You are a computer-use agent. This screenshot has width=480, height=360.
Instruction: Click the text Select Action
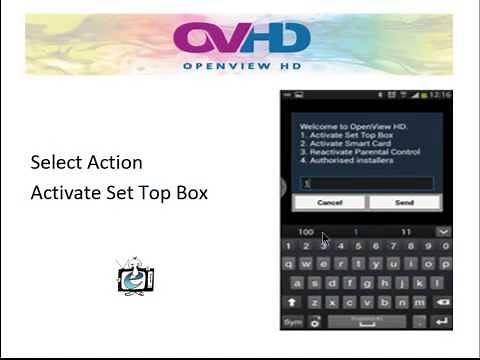pos(86,162)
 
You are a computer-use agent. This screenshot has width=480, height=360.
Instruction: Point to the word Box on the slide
pos(188,193)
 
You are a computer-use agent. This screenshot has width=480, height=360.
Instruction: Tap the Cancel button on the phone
pos(329,202)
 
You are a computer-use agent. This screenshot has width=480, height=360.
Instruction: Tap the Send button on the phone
pos(404,202)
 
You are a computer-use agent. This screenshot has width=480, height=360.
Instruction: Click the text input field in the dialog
pos(367,183)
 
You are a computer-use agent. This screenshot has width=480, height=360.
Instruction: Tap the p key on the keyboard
pos(444,264)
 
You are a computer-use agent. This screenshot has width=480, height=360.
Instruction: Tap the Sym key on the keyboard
pos(293,322)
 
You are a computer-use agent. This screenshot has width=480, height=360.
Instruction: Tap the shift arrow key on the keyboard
pos(293,302)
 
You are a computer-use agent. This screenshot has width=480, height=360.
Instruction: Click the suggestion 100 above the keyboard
pos(306,232)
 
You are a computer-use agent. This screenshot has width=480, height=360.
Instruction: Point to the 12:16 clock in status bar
pos(441,95)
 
